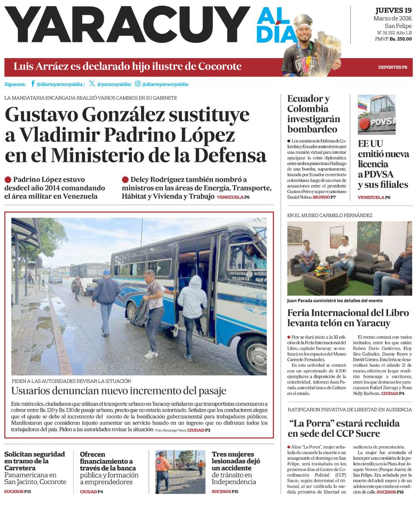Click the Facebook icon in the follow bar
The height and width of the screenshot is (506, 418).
point(33,84)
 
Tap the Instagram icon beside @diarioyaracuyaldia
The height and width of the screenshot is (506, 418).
point(137,84)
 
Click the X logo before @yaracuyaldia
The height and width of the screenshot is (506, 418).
point(92,84)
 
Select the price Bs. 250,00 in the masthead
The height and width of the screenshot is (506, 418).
point(401,39)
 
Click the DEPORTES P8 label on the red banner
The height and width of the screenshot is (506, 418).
point(392,67)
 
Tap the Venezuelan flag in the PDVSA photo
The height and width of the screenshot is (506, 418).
point(361,106)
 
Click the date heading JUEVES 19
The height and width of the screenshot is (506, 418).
point(394,11)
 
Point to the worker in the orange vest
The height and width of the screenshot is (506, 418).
point(162,469)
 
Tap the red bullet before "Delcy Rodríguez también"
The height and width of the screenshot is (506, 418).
point(125,179)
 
